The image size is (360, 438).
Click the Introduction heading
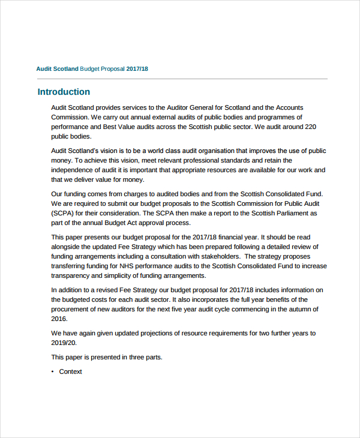pyautogui.click(x=64, y=92)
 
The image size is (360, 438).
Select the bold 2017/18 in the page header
pyautogui.click(x=137, y=69)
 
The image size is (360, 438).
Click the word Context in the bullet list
pyautogui.click(x=70, y=372)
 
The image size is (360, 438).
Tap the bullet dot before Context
pyautogui.click(x=53, y=372)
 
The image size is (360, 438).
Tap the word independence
pyautogui.click(x=74, y=170)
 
